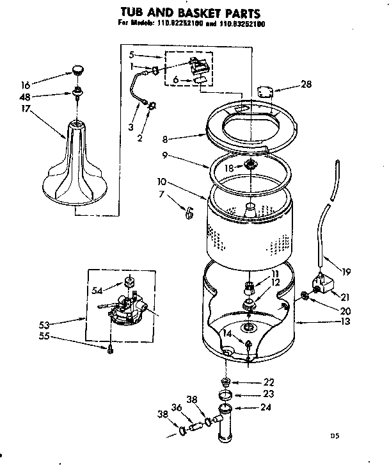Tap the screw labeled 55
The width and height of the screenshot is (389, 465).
pos(111,348)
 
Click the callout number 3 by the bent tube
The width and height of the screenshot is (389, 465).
pos(130,127)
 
